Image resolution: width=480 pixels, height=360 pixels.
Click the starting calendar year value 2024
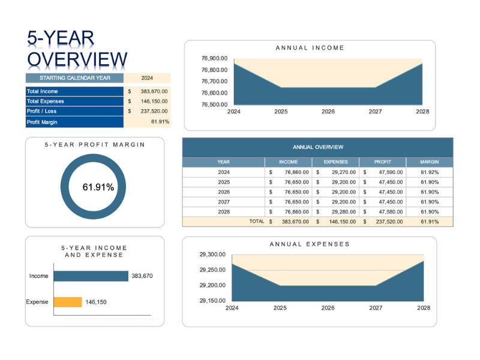(147, 78)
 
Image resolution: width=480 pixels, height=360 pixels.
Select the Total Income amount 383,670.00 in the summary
(154, 91)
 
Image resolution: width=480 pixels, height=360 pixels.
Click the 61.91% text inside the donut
(98, 187)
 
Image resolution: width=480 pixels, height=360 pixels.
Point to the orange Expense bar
(67, 302)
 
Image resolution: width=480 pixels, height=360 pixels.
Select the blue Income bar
(91, 276)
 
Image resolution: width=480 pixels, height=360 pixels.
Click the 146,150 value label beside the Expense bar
(96, 302)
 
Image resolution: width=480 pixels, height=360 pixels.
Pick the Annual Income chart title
(310, 48)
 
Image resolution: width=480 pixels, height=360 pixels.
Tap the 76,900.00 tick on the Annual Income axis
(214, 59)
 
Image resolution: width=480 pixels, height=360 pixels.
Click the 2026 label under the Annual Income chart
(328, 112)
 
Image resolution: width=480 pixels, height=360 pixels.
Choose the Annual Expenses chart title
(309, 244)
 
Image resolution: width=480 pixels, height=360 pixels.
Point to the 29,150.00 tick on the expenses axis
(212, 301)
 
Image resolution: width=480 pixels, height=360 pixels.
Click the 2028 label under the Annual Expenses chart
(424, 308)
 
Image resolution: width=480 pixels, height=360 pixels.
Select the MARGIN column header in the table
(429, 162)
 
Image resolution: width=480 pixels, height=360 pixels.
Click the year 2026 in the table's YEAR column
(224, 192)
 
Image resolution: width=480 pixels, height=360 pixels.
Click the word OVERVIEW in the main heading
(77, 60)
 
